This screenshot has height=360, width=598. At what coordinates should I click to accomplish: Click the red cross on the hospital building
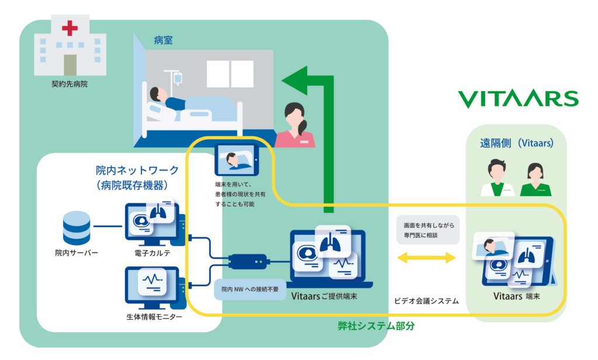tap(70, 27)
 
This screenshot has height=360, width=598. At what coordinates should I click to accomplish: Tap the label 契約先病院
tap(69, 84)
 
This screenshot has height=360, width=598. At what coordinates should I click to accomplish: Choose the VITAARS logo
tap(517, 99)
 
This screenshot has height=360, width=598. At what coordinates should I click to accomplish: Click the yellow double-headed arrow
tap(425, 257)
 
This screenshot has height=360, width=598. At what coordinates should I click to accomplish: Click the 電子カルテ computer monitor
tap(152, 223)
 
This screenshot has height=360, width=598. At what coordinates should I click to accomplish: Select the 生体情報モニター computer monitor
tap(152, 285)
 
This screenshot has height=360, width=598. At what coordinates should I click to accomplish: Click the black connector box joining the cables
tap(248, 261)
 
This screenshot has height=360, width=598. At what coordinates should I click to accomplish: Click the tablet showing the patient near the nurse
tap(235, 160)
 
